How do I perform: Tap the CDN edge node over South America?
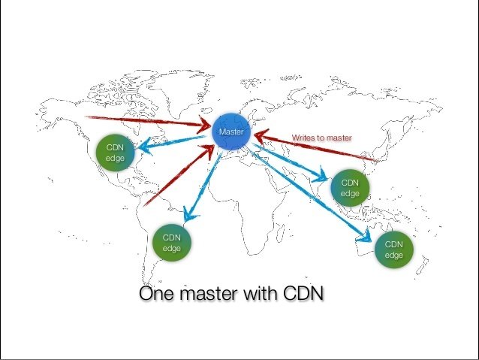[x=171, y=243]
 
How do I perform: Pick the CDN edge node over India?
[x=350, y=188]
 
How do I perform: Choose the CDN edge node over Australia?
[x=394, y=250]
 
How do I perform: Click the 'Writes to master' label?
[x=327, y=137]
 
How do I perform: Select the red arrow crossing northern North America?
[x=150, y=122]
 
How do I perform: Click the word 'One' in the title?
[x=157, y=293]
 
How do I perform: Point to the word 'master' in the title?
[x=208, y=293]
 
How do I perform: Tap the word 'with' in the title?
[x=260, y=293]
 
